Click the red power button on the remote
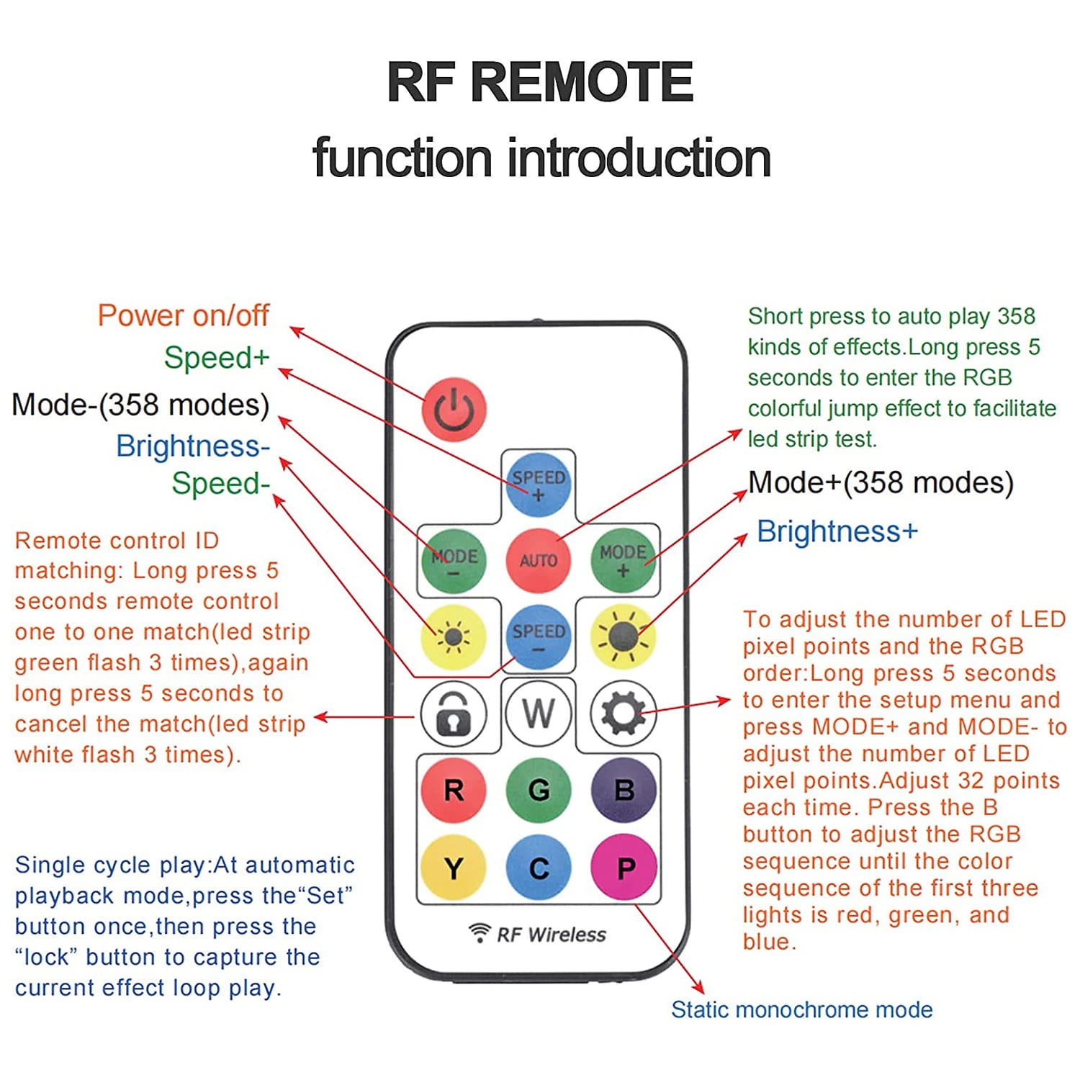pos(454,409)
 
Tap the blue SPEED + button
pos(538,485)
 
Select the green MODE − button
pos(454,561)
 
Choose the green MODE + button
pos(623,561)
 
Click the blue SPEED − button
pos(539,637)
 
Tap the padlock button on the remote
pos(454,714)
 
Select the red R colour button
pos(454,791)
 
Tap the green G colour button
pos(539,791)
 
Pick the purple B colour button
pos(624,791)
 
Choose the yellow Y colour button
pos(454,868)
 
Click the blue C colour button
pos(539,868)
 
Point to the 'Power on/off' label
pos(183,315)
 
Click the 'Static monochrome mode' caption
pos(801,1009)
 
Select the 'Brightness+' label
pos(837,531)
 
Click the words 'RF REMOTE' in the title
pos(540,82)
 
